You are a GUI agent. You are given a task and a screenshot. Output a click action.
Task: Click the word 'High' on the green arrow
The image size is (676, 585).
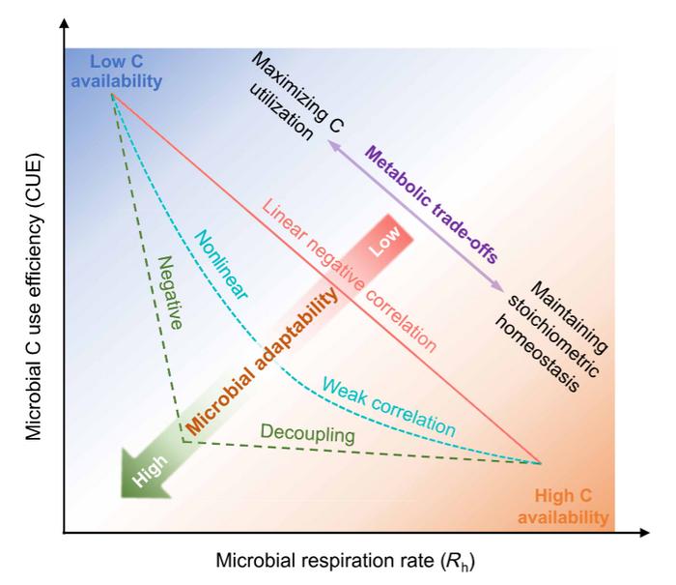click(x=142, y=475)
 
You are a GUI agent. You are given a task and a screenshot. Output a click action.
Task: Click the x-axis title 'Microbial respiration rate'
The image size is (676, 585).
click(x=346, y=562)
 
